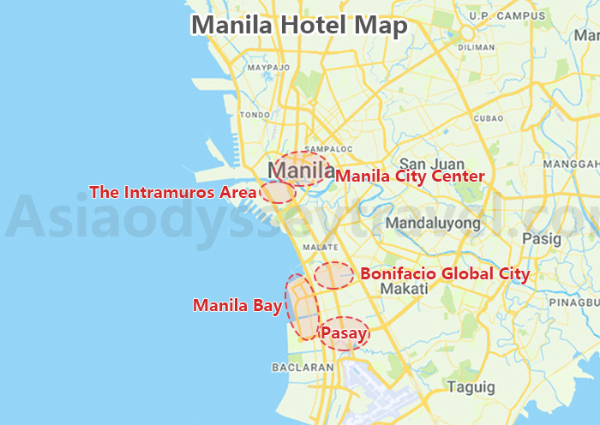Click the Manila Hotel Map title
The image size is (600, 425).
coord(298,25)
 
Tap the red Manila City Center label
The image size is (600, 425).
coord(410,176)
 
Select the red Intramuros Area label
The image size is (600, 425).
coord(172,192)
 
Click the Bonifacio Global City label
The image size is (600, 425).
coord(445,274)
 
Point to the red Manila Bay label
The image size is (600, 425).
coord(237,304)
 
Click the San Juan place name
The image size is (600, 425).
coord(432,164)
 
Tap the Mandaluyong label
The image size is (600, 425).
coord(433,223)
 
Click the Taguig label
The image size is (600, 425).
coord(471,387)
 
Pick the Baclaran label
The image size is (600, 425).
coord(302,367)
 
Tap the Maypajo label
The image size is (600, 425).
coord(261,66)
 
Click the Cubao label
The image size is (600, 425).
coord(488,117)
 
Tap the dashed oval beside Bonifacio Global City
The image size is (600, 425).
coord(333,276)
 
